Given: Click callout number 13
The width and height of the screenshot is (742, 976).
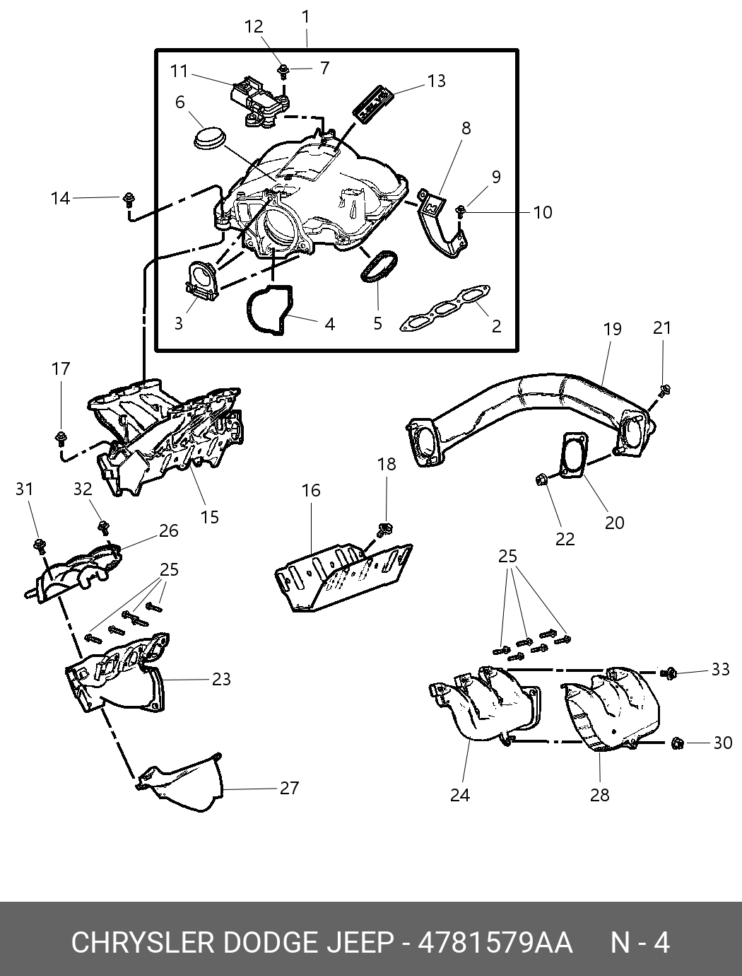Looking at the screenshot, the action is coord(436,81).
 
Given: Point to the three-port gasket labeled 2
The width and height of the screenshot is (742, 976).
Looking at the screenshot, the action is coord(444,308).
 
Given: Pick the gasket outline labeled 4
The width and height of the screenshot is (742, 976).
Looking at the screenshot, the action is coord(271,310).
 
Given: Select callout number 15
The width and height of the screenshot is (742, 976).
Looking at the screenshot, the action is coord(210,517).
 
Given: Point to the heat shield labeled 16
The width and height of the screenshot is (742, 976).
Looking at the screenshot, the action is coord(343,576).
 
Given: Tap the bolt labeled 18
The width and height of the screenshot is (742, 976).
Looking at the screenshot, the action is coord(384,529).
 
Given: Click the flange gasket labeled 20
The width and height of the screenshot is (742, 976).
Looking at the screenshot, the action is coord(575,455).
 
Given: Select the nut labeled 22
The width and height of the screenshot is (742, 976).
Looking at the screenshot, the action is coord(541,480).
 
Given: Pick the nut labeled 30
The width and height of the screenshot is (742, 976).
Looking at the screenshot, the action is coord(678,743).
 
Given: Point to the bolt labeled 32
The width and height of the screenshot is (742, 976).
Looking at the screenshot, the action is coord(104,527).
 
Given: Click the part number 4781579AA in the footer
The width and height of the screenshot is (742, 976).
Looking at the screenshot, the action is coord(495,942).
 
